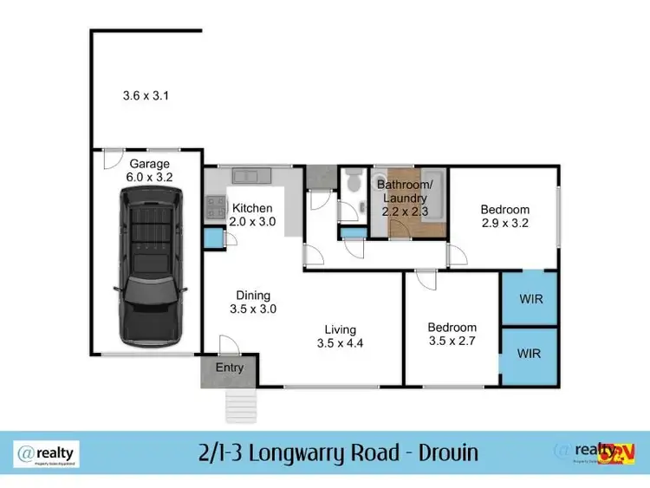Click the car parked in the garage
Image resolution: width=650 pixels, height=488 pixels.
tap(150, 267)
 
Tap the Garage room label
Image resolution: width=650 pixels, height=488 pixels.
tap(149, 164)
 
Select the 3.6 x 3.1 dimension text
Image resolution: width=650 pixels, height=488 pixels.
tap(146, 96)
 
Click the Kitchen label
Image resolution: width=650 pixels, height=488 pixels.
tap(252, 208)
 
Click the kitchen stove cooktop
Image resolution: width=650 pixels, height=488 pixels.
tap(213, 206)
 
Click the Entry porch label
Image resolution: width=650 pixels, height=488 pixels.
tap(230, 368)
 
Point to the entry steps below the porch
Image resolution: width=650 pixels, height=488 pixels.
tap(242, 400)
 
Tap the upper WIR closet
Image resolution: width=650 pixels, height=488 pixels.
tap(530, 299)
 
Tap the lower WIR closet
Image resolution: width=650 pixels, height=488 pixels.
tap(530, 355)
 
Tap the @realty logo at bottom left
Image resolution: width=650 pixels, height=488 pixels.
tap(48, 452)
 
